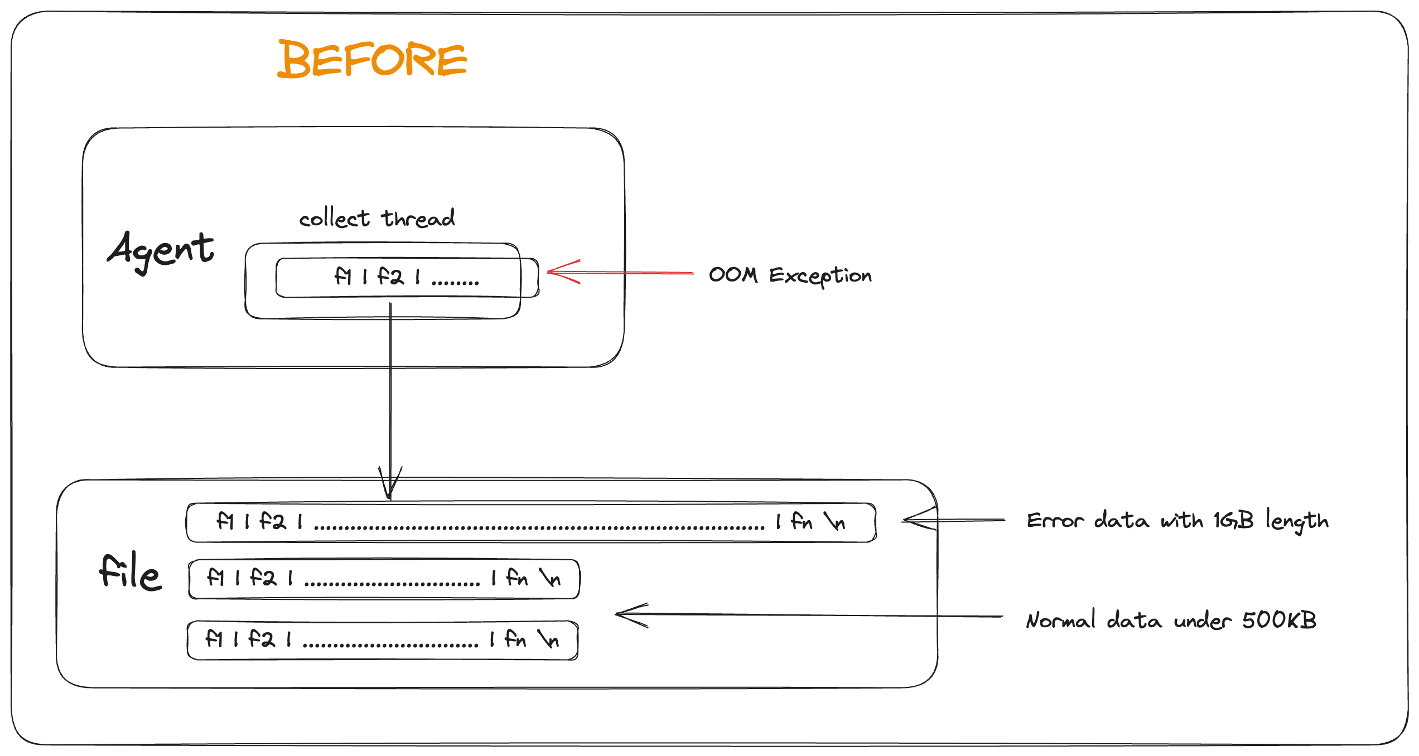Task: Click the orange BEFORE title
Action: click(x=372, y=59)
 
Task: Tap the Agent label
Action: click(x=161, y=251)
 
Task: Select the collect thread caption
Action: click(x=377, y=218)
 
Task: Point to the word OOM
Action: click(x=733, y=275)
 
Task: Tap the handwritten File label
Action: click(x=131, y=571)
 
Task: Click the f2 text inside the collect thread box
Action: click(x=390, y=277)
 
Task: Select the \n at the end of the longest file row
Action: click(x=835, y=522)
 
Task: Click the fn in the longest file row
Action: click(x=802, y=522)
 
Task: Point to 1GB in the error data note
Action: click(x=1233, y=521)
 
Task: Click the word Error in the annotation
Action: click(x=1055, y=521)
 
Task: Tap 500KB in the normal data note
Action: click(x=1279, y=620)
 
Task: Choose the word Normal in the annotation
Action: click(x=1060, y=620)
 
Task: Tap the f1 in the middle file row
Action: click(x=215, y=578)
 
